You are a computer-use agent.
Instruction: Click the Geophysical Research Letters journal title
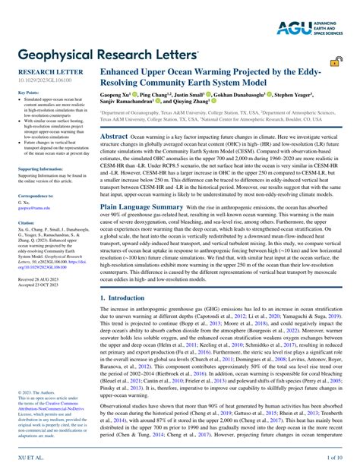pos(103,54)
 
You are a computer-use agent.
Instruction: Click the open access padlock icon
pos(335,62)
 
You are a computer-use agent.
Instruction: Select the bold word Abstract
pos(114,136)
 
